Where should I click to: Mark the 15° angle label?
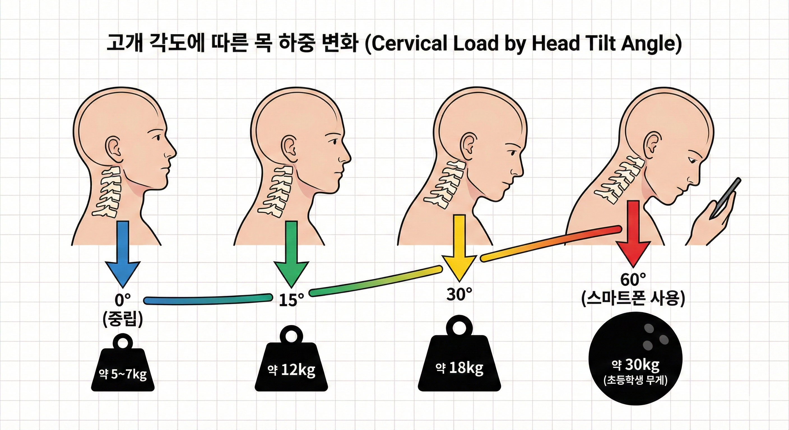point(291,300)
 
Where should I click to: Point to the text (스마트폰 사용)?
point(633,299)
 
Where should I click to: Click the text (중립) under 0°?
point(122,319)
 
